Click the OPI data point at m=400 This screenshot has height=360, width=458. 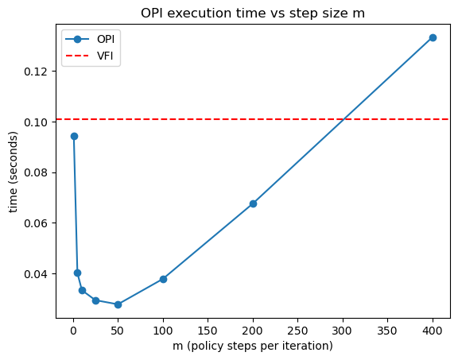click(x=433, y=37)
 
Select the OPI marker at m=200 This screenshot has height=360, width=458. click(x=253, y=203)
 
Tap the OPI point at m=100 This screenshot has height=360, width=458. click(x=163, y=279)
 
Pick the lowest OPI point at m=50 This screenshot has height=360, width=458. click(x=118, y=304)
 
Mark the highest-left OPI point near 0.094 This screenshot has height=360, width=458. click(x=74, y=136)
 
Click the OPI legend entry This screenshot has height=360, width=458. click(x=90, y=39)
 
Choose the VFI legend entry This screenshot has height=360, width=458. click(x=90, y=56)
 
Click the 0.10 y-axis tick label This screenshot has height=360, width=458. click(x=36, y=122)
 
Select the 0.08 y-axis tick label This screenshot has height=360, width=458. click(x=36, y=172)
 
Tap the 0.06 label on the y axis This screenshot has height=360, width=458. click(x=36, y=223)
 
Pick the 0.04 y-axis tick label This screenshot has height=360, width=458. click(x=36, y=274)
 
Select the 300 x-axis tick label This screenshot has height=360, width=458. click(x=343, y=331)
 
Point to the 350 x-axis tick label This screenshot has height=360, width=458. click(x=387, y=331)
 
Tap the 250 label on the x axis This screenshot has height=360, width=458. click(x=297, y=331)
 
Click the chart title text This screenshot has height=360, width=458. click(x=253, y=14)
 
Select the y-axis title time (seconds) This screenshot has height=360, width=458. click(x=14, y=172)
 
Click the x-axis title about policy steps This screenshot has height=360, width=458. click(x=253, y=346)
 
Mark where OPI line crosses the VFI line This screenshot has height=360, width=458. click(x=344, y=119)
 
